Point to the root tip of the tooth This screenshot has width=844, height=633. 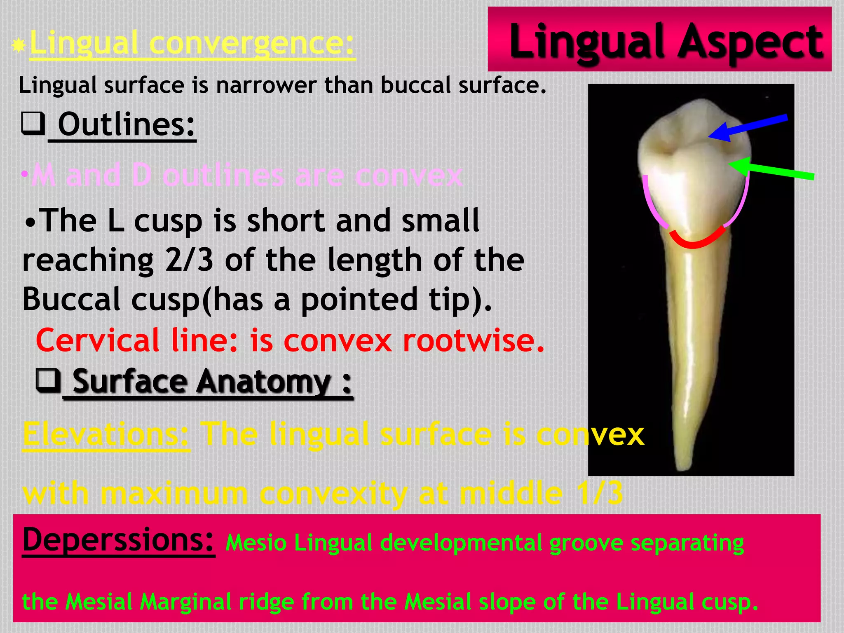[682, 466]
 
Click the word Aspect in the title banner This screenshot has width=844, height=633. [750, 41]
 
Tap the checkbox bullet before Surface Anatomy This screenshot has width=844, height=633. [48, 380]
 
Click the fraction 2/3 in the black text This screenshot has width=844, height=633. [189, 260]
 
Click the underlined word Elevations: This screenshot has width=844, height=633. [106, 434]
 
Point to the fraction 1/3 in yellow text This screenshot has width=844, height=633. [602, 493]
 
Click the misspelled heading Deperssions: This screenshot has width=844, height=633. [118, 540]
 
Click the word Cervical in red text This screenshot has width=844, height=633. [97, 341]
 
